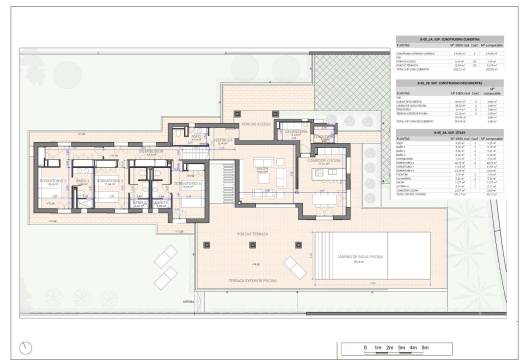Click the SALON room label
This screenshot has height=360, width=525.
tap(262, 170)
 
